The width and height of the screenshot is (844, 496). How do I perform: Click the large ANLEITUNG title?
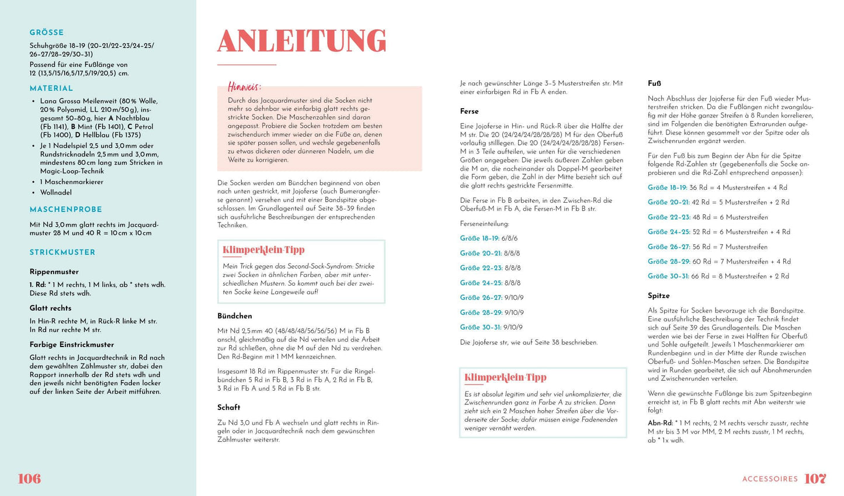click(301, 41)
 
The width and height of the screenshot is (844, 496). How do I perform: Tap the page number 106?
click(29, 478)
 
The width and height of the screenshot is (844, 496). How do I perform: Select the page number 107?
click(815, 478)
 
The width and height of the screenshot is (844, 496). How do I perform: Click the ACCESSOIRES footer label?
click(770, 479)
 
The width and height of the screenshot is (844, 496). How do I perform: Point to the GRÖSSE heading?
click(47, 33)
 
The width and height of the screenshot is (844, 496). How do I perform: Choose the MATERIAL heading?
click(51, 88)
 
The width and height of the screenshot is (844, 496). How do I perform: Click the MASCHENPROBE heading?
click(66, 209)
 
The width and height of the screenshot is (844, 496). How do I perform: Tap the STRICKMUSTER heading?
click(62, 252)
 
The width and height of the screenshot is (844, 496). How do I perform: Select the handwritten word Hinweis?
click(244, 86)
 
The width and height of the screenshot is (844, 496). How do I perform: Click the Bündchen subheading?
click(235, 316)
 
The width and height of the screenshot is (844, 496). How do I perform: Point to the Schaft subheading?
click(229, 407)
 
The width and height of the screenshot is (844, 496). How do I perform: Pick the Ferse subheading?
click(469, 111)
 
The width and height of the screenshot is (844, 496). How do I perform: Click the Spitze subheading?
click(659, 296)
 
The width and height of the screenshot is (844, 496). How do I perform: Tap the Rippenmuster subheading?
click(54, 272)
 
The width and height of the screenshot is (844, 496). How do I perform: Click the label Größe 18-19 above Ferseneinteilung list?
click(480, 238)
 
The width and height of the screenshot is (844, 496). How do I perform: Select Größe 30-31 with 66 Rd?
click(668, 276)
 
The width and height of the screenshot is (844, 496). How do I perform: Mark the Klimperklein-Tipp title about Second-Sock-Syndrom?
click(263, 250)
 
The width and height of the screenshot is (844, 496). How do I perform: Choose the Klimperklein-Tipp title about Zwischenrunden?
click(505, 377)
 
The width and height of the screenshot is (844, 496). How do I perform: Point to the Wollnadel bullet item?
click(56, 192)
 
